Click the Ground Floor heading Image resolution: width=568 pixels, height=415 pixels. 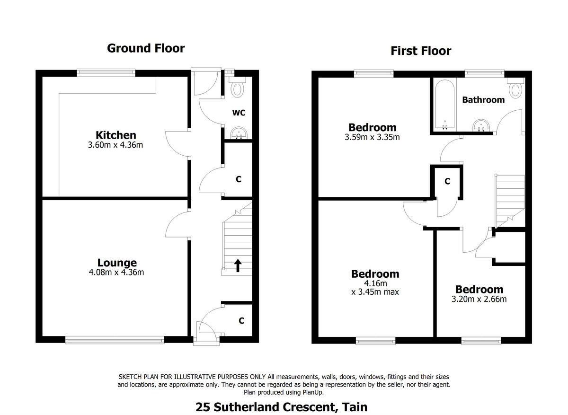(146, 48)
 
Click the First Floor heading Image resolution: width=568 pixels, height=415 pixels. (421, 51)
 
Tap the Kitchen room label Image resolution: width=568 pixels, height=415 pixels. (116, 135)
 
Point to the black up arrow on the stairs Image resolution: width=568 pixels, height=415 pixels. (237, 265)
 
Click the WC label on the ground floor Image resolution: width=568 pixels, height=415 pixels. (239, 113)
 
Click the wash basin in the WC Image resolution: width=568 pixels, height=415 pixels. (237, 133)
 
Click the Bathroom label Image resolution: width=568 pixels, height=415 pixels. (483, 100)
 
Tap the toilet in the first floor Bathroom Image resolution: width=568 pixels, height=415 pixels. (515, 88)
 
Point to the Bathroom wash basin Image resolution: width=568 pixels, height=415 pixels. (482, 125)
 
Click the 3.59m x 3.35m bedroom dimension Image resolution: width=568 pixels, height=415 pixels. (372, 138)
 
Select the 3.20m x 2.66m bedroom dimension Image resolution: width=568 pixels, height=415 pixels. (479, 299)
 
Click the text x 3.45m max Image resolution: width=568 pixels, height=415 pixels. (375, 292)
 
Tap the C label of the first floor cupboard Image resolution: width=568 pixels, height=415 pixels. (447, 181)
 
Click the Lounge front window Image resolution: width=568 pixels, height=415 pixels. (115, 339)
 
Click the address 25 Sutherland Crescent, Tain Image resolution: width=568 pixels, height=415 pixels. (282, 407)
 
